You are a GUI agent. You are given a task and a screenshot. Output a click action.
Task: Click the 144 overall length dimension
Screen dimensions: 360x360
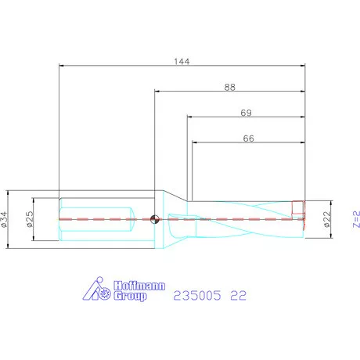(x=182, y=61)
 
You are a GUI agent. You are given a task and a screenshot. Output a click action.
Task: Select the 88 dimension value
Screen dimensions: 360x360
(x=230, y=87)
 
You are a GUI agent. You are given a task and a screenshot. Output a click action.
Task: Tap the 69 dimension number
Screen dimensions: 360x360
(x=246, y=113)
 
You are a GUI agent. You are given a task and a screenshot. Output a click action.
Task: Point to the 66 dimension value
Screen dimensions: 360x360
(x=248, y=139)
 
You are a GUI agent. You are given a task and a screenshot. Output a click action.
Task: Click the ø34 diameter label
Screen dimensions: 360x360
(x=4, y=219)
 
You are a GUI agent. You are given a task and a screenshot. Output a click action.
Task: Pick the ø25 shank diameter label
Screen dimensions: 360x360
(x=30, y=219)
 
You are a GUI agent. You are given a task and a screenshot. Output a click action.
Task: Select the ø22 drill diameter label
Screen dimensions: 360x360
(x=327, y=219)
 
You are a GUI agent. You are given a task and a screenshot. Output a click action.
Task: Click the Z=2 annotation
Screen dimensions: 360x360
(x=356, y=219)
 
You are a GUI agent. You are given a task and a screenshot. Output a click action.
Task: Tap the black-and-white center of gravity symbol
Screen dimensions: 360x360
(x=154, y=219)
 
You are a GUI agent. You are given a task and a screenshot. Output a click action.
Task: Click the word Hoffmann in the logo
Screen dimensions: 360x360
(x=139, y=286)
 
